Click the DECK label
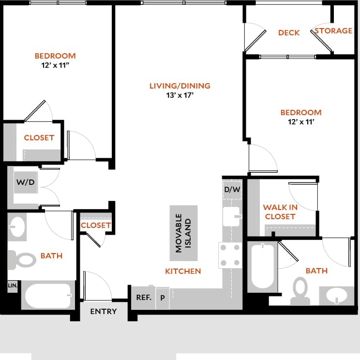[x=289, y=33]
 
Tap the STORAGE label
[x=334, y=31]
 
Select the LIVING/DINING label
[x=180, y=86]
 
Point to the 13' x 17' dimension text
[x=180, y=95]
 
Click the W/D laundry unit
[x=26, y=183]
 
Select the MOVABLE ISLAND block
[x=184, y=233]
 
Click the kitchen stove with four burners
[x=230, y=255]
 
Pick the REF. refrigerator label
[x=144, y=298]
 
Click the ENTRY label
[x=104, y=312]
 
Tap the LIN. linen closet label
[x=13, y=286]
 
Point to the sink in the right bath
[x=336, y=295]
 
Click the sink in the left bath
[x=18, y=227]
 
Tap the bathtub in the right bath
[x=262, y=268]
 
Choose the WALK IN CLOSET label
[x=280, y=212]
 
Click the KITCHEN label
[x=183, y=271]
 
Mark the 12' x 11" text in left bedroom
[x=55, y=64]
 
